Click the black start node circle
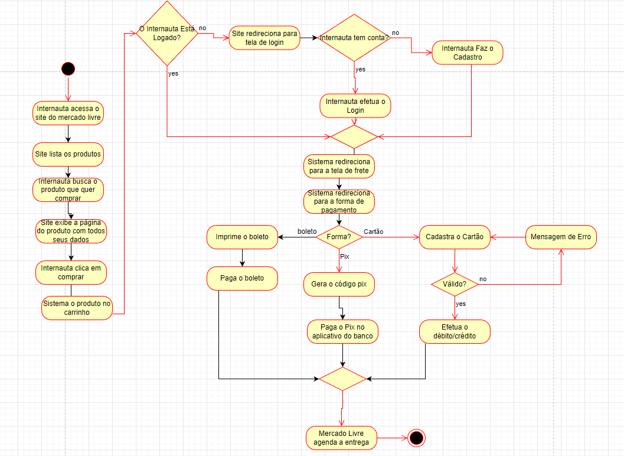click(68, 69)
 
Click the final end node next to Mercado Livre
click(416, 438)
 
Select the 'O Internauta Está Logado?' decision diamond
click(166, 33)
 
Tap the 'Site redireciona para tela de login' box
click(264, 38)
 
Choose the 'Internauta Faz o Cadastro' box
click(468, 53)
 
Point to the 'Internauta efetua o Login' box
click(355, 106)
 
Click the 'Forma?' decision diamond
click(339, 237)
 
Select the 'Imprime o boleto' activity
click(242, 237)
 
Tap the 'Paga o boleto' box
click(242, 278)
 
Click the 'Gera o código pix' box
click(339, 284)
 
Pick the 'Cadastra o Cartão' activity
click(455, 237)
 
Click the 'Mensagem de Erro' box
click(561, 237)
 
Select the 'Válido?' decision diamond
click(454, 284)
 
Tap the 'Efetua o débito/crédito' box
click(455, 331)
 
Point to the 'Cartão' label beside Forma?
click(373, 232)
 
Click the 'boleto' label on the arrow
click(307, 231)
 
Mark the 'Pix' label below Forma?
click(345, 257)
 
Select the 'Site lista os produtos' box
click(68, 154)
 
